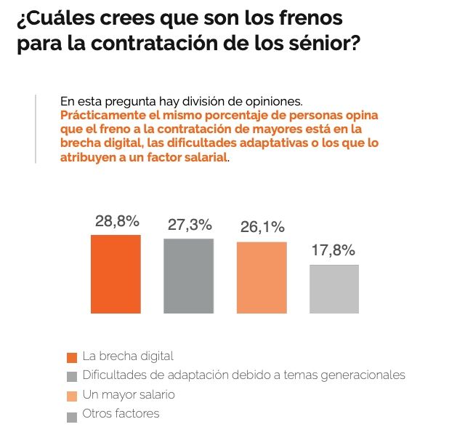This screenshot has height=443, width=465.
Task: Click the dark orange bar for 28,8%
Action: [116, 274]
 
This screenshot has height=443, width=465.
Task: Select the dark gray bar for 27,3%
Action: [188, 276]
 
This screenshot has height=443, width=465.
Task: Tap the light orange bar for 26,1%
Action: [262, 277]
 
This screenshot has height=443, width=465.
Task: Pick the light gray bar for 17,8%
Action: [334, 289]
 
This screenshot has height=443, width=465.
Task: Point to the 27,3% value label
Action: [190, 226]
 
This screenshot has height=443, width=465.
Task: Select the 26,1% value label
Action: [262, 228]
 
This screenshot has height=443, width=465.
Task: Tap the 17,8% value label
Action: [333, 251]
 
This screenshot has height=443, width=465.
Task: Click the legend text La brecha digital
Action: [128, 356]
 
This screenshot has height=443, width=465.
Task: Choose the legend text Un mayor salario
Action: [129, 394]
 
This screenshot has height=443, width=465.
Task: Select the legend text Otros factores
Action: [121, 414]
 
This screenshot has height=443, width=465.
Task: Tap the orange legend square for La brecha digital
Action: [71, 357]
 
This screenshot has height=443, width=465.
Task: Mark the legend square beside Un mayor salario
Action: [71, 396]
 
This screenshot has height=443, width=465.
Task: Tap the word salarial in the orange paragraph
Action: [206, 156]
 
